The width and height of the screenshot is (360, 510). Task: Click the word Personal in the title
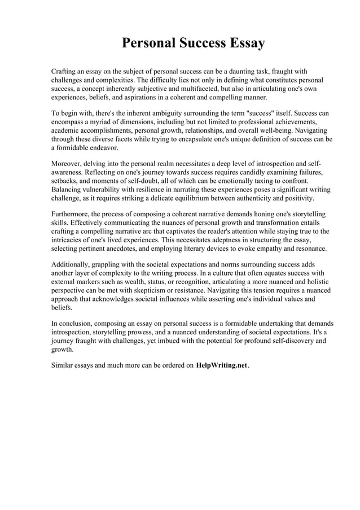coord(148,43)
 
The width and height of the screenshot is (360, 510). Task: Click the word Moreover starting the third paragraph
coord(68,163)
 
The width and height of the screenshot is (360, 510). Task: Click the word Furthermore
coord(73,214)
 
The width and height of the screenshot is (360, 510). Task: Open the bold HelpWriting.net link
coord(222,365)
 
